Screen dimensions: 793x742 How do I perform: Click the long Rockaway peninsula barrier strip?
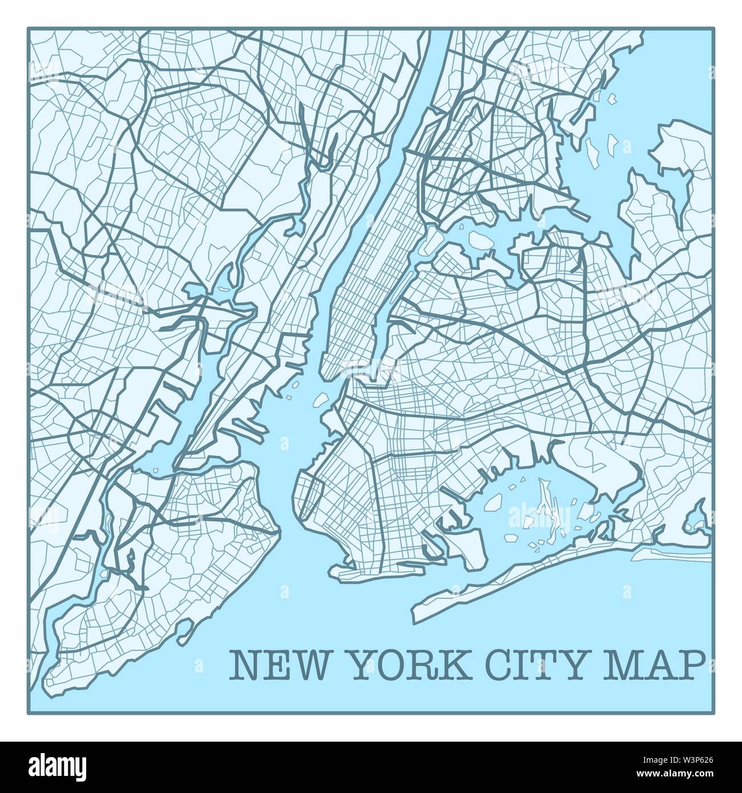tap(514, 593)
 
